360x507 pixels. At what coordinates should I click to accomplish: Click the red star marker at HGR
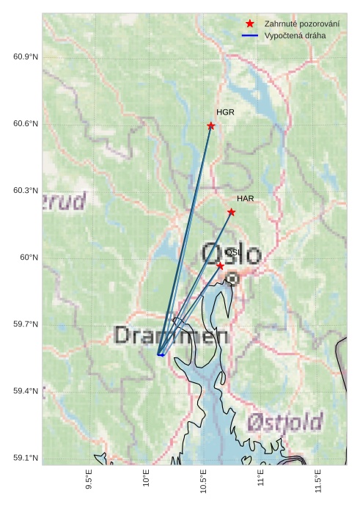pos(211,125)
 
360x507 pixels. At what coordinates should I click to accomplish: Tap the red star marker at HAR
pos(232,212)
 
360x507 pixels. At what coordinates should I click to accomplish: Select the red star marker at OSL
pos(220,266)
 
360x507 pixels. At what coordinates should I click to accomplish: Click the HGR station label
pos(225,112)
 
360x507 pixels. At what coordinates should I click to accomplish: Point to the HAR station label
pos(245,199)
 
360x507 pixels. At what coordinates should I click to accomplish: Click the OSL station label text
pos(232,252)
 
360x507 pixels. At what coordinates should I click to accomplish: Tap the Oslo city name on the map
pos(232,255)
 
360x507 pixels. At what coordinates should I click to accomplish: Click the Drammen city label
pos(172,336)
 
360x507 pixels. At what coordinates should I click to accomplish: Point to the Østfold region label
pos(284,422)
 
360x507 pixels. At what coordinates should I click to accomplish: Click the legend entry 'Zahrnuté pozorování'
pos(301,24)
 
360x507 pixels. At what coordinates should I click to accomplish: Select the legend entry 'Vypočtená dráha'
pos(295,35)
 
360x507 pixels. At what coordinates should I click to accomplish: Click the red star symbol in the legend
pos(250,24)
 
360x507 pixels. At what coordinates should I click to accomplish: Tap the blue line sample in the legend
pos(250,35)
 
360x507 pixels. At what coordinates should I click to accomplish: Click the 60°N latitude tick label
pos(29,258)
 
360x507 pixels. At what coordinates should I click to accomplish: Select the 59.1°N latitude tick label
pos(26,459)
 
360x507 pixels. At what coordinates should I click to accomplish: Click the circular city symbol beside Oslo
pos(232,279)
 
